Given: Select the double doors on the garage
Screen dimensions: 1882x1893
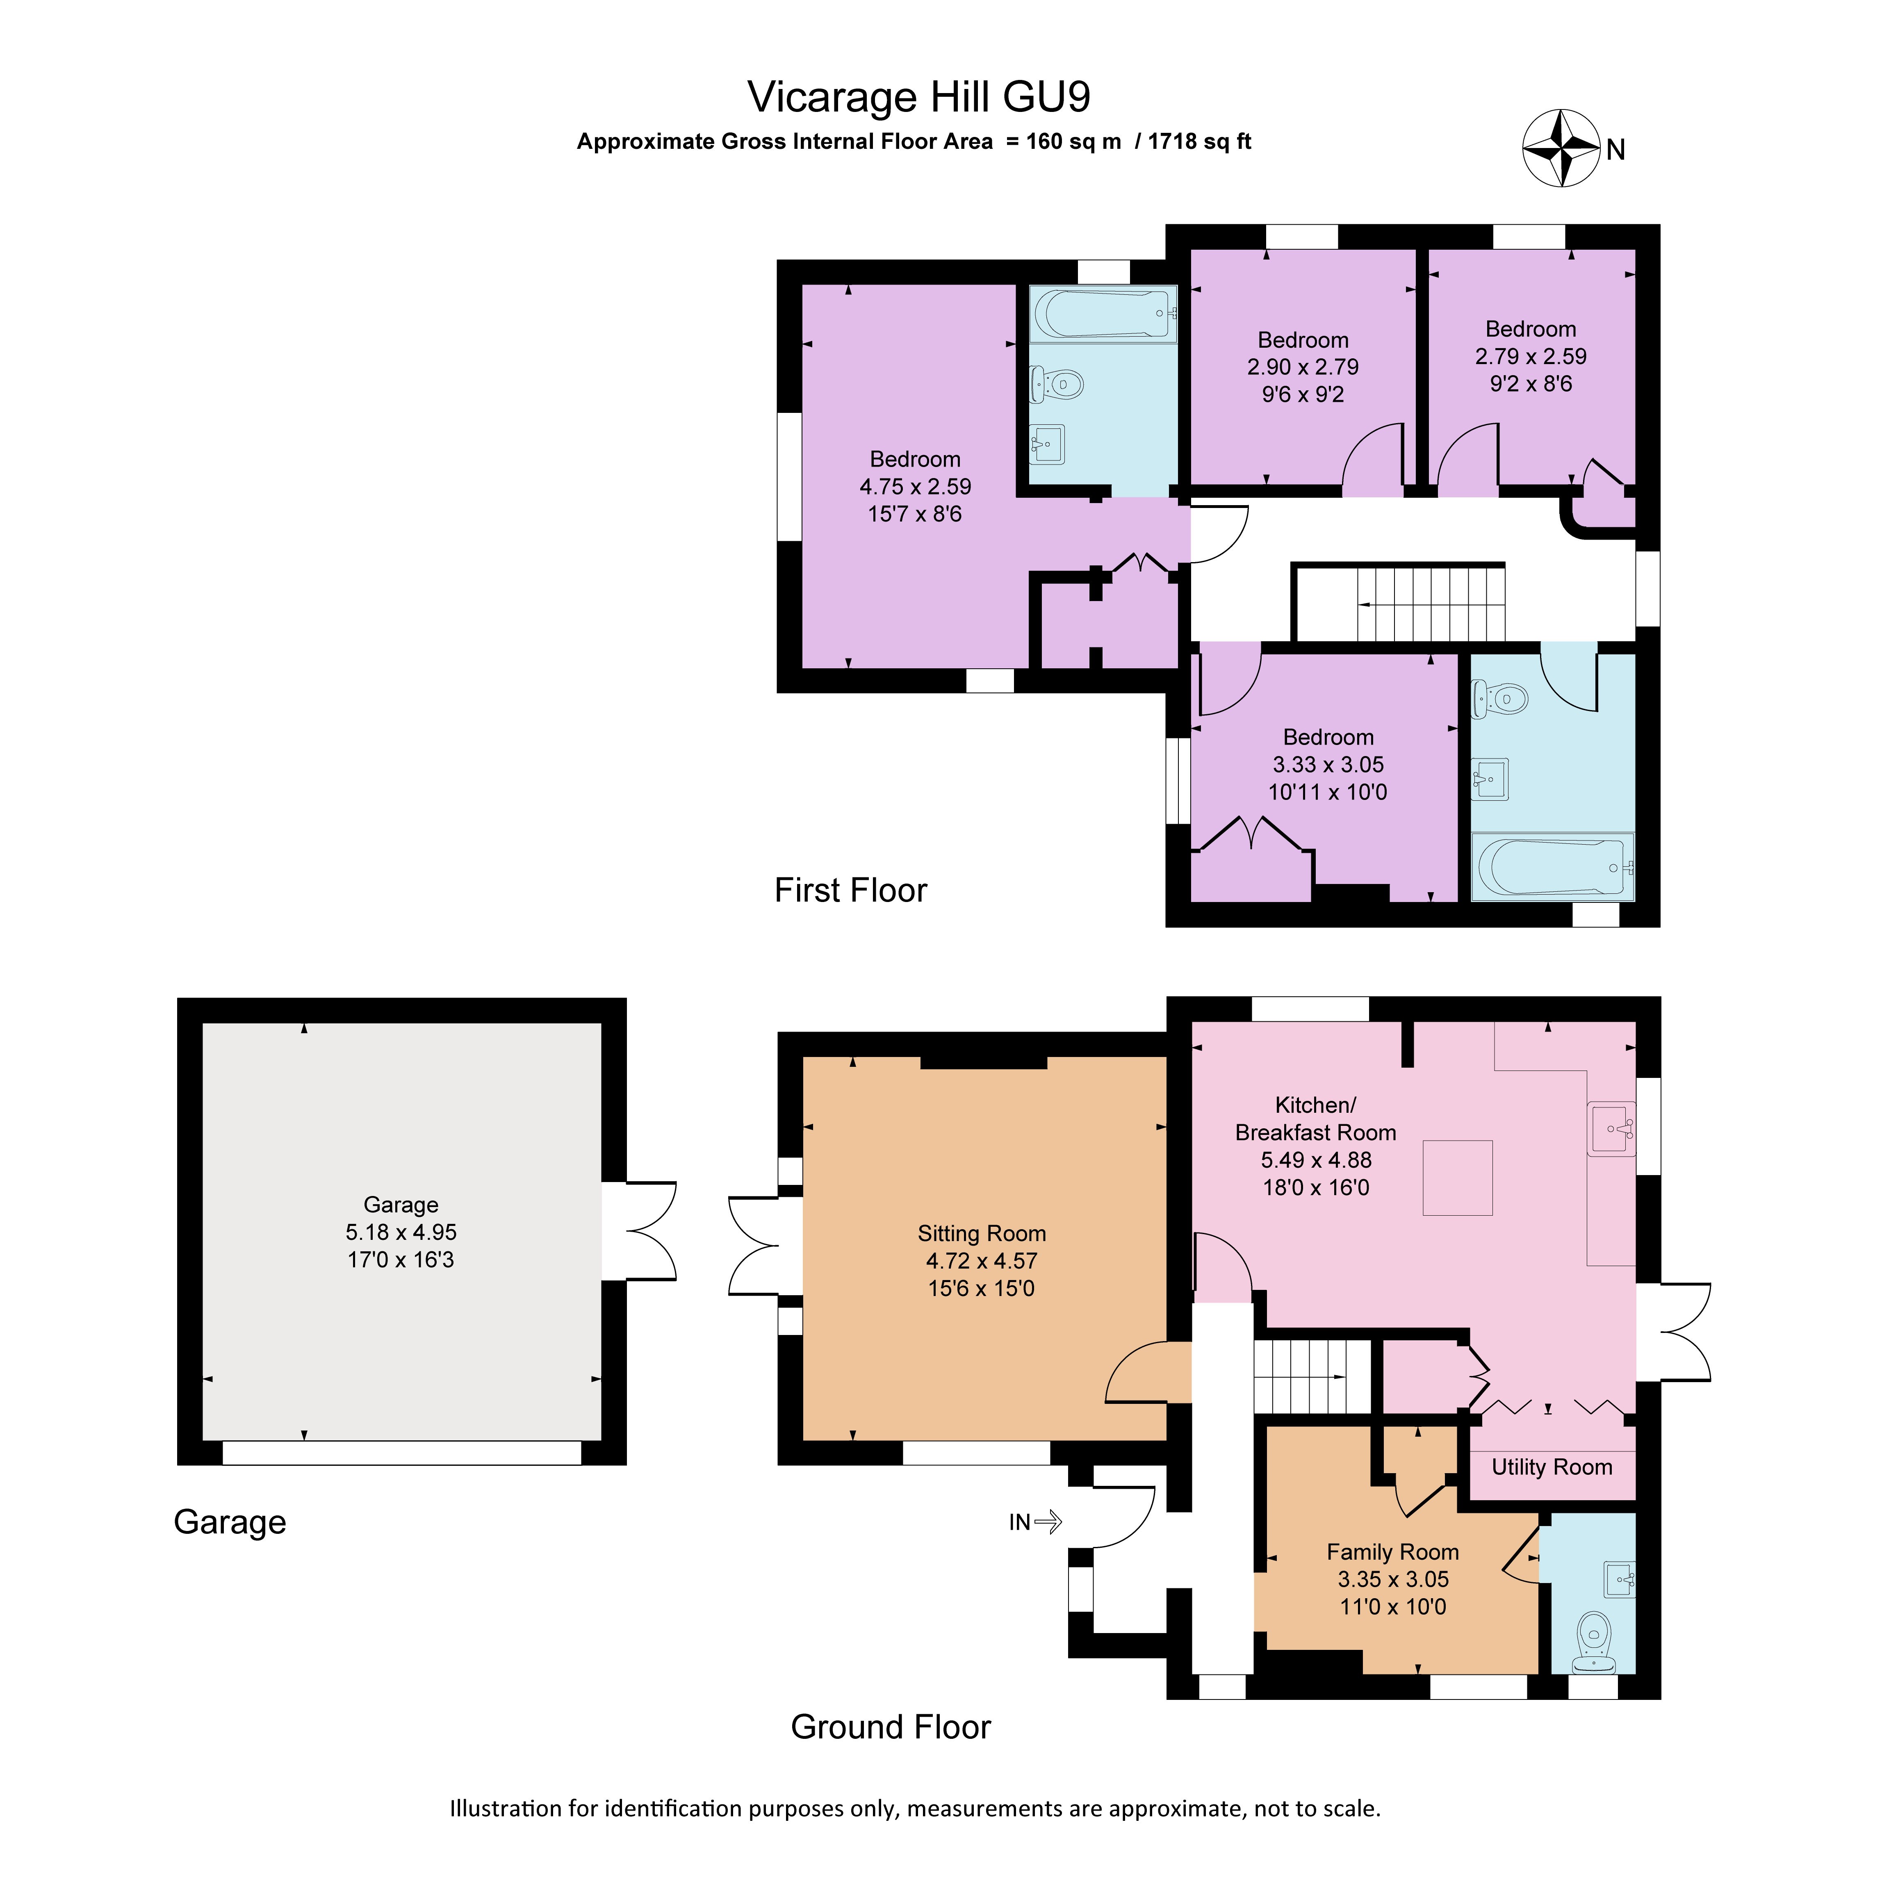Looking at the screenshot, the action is point(639,1232).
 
